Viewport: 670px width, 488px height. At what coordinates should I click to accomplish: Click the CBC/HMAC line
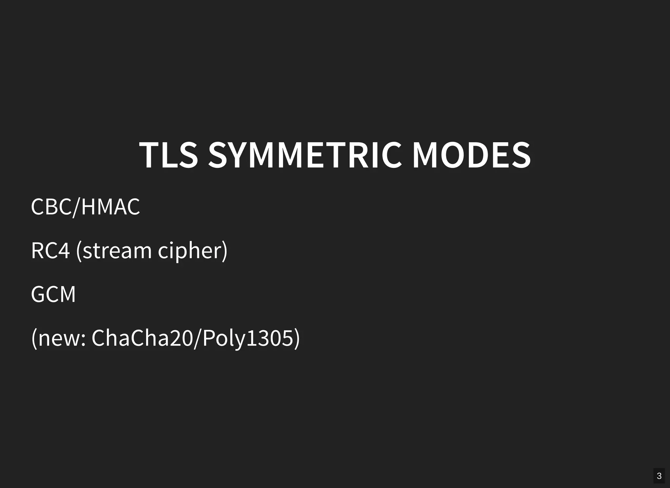coord(85,207)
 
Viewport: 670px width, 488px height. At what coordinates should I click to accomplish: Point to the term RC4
coord(50,251)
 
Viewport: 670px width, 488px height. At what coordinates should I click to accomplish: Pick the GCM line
coord(53,294)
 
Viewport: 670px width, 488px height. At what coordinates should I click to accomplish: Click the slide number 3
coord(659,476)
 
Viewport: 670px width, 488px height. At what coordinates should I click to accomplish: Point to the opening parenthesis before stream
coord(79,251)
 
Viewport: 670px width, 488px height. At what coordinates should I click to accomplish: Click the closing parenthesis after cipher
coord(224,251)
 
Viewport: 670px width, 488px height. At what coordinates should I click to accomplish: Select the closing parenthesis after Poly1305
coord(297,338)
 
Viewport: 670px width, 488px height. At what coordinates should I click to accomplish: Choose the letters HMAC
coord(111,207)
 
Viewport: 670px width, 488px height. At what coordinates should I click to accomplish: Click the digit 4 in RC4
coord(64,251)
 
